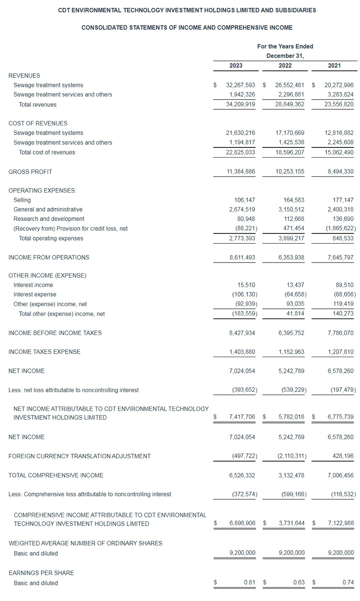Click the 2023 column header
(236, 66)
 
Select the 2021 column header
(334, 66)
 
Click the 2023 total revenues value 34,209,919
(241, 104)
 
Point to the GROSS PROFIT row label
(30, 172)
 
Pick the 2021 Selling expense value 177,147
(343, 200)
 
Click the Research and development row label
(49, 219)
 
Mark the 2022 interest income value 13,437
(295, 285)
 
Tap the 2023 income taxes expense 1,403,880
(242, 352)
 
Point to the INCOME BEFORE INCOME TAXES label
(55, 333)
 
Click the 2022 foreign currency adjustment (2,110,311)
(292, 456)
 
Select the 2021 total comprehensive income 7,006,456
(341, 475)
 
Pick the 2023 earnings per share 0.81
(249, 582)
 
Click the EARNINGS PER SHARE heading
(41, 573)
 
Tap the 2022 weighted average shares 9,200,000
(291, 553)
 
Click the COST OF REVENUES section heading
(38, 123)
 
